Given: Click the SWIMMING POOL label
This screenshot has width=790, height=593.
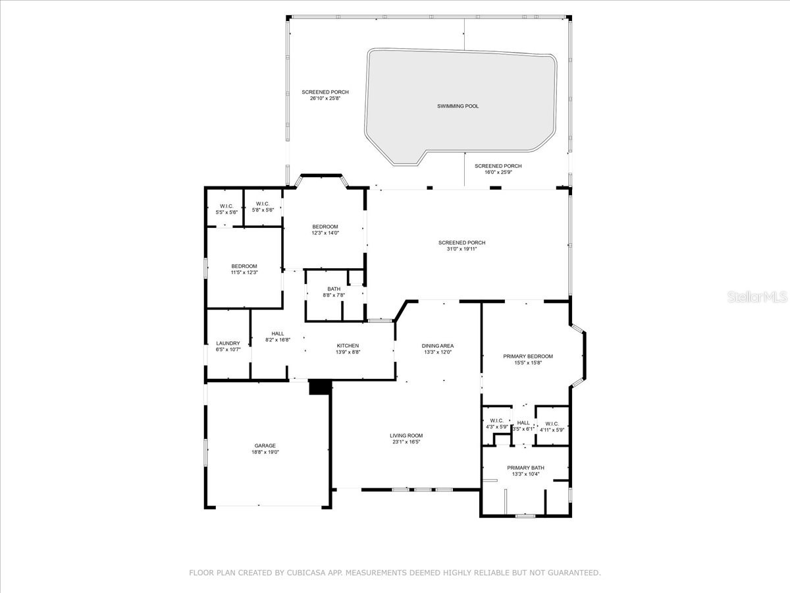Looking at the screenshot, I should pos(458,106).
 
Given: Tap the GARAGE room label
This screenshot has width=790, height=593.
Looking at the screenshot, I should pos(265,446).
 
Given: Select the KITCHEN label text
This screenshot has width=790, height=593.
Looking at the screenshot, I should pos(348,346).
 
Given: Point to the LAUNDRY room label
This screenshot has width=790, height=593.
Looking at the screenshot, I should pos(228,343).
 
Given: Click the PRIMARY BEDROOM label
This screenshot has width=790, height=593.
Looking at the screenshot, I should pos(528,356).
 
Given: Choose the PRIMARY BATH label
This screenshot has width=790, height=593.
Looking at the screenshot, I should pos(525,468).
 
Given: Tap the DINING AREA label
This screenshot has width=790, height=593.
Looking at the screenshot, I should pos(438,346).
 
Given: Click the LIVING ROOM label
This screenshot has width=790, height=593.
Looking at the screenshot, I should pos(406,436).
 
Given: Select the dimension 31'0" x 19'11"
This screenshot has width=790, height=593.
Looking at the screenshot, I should pos(461,249).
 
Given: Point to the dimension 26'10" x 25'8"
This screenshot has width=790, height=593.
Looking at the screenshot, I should pos(325,99).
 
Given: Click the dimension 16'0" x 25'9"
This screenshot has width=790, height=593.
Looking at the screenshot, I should pos(498,173).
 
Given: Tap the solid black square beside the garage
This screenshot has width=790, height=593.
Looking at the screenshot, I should pos(319,387).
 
